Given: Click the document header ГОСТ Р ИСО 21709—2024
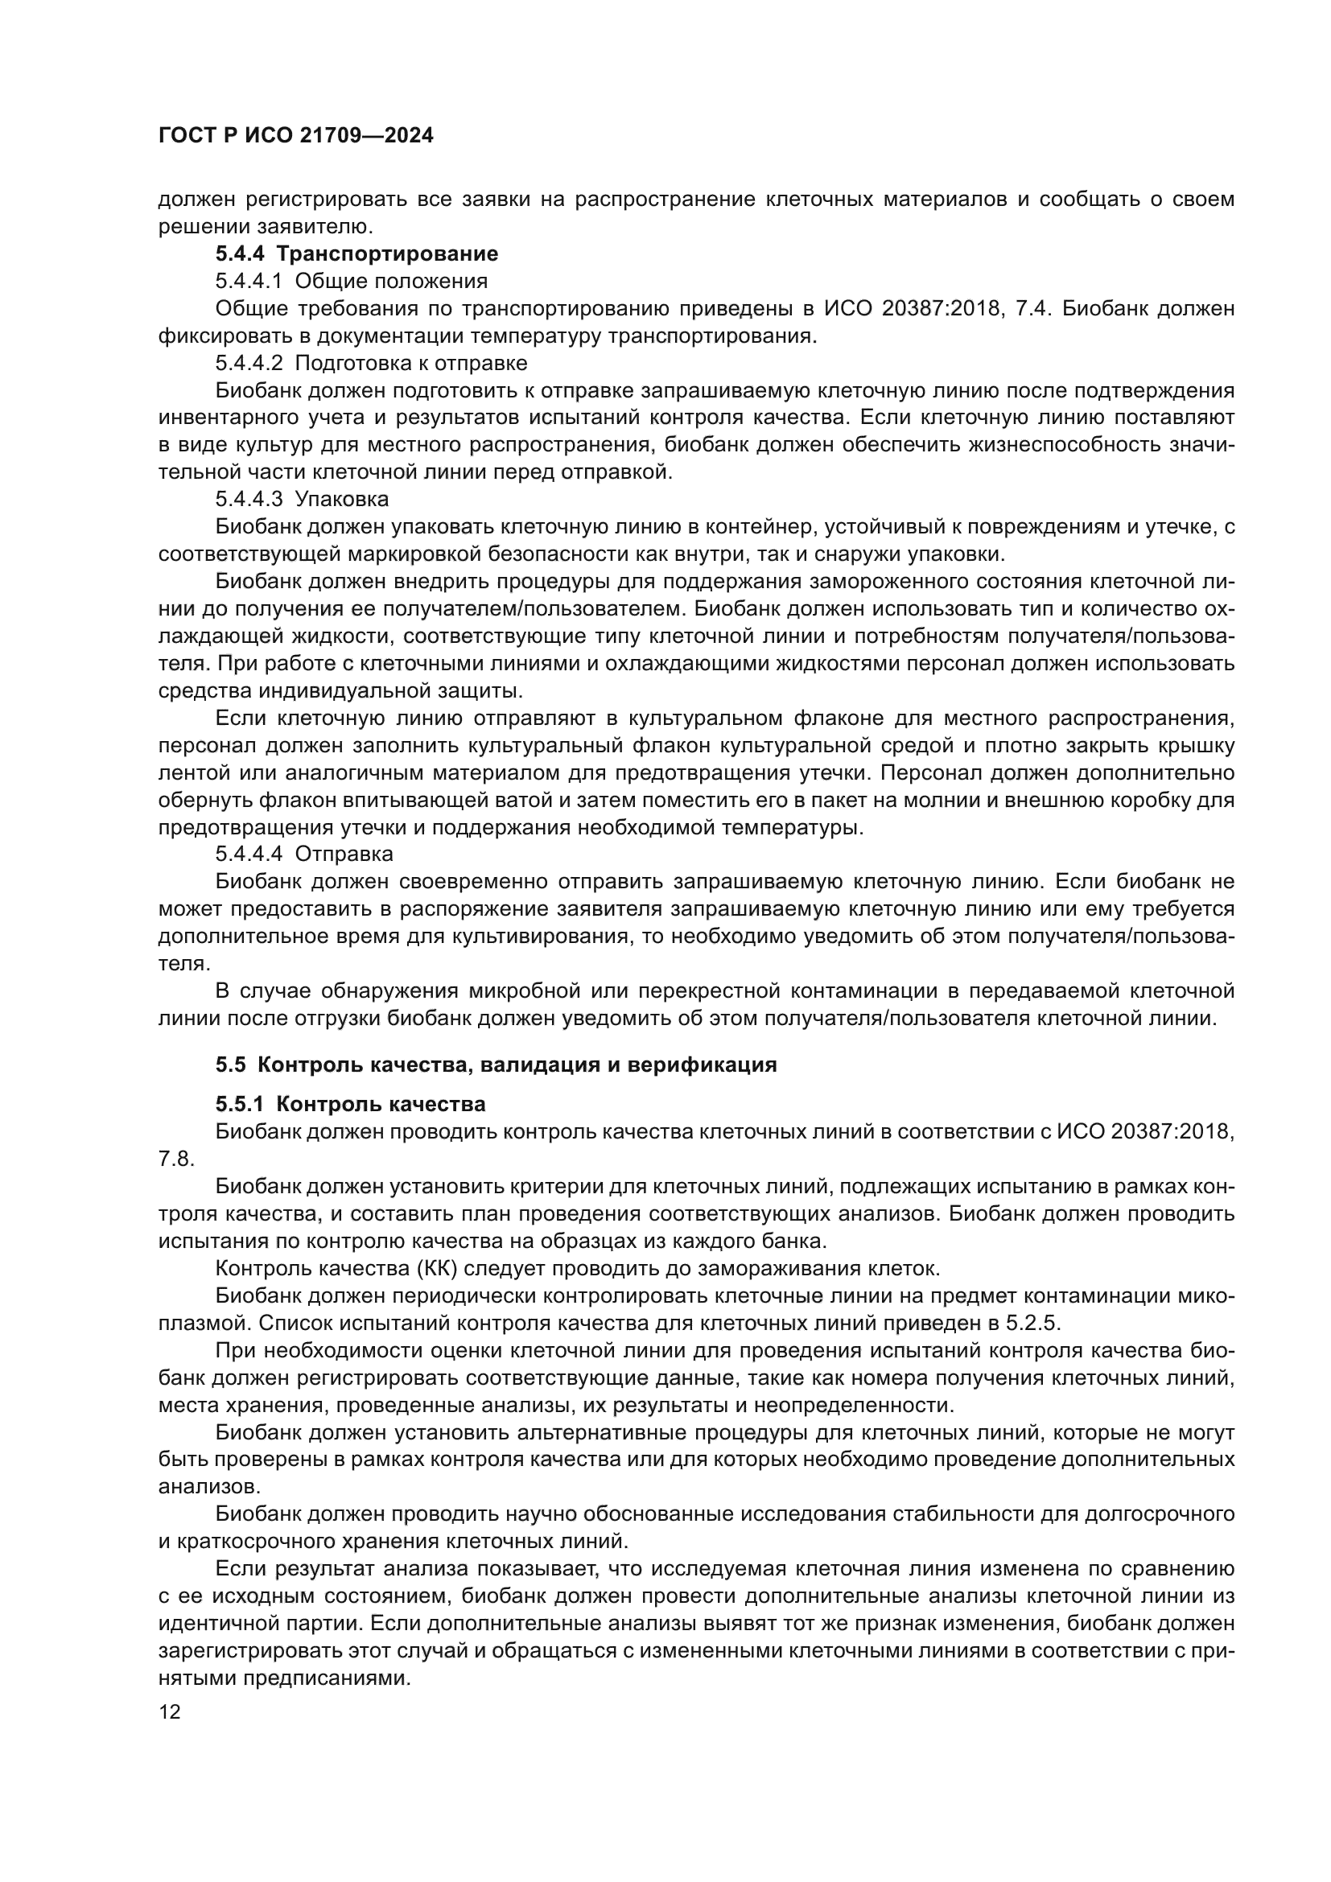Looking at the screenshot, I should (296, 135).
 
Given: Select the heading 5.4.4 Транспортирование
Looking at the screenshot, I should (356, 254).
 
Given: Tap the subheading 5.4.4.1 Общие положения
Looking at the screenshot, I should (351, 281).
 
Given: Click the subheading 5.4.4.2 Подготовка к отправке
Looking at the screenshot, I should (371, 362).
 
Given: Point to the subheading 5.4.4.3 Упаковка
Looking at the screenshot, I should (302, 498).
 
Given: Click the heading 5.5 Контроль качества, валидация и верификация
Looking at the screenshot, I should (496, 1065).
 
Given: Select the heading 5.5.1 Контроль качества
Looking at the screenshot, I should (350, 1104).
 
